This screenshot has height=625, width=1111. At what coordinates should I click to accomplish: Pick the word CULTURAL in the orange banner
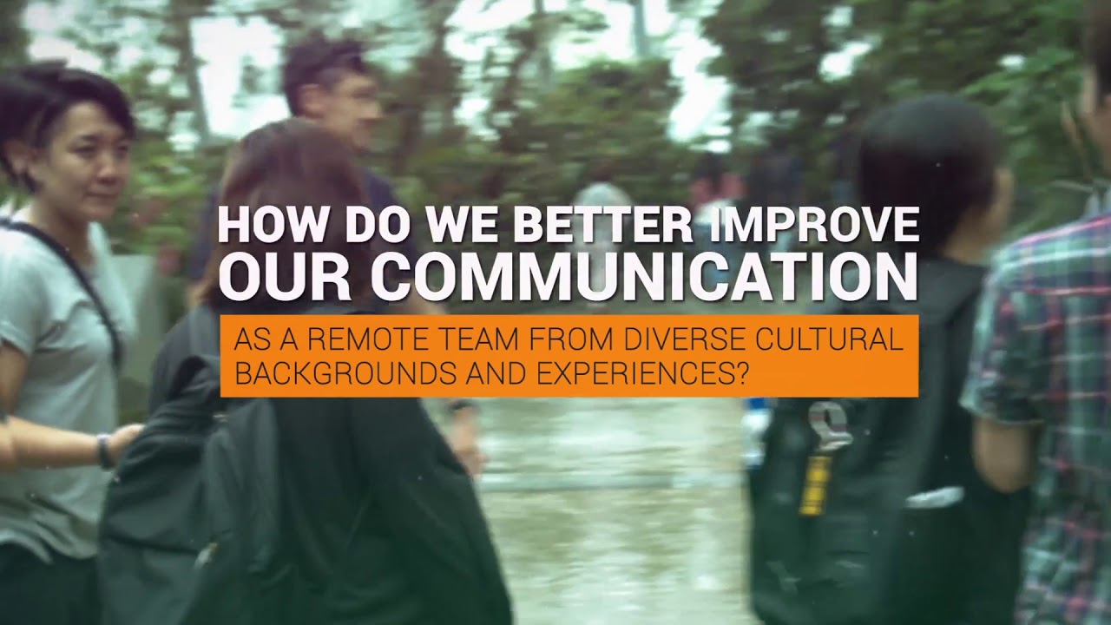click(x=827, y=340)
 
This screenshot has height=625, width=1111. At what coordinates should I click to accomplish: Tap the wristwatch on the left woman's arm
click(x=105, y=451)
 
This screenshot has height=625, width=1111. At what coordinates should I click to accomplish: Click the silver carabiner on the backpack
click(x=827, y=425)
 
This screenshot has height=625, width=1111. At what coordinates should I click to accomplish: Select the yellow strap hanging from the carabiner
click(x=811, y=484)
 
